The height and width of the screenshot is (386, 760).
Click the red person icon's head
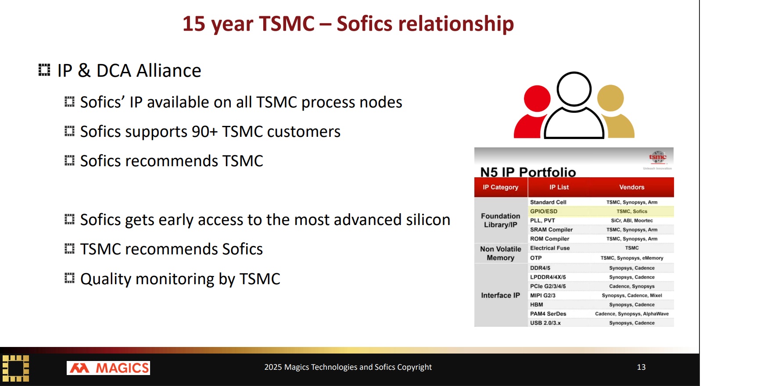(x=537, y=99)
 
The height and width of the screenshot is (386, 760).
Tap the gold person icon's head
(x=610, y=98)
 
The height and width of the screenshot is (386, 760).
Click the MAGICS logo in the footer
(x=108, y=368)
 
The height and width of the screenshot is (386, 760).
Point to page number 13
(x=641, y=367)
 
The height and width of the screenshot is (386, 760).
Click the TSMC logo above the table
(x=658, y=157)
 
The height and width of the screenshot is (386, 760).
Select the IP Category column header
(x=501, y=187)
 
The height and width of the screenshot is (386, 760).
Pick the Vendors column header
(x=632, y=187)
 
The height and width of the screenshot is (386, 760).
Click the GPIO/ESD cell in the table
(x=544, y=211)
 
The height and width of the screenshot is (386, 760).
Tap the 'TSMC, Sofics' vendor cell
(x=632, y=211)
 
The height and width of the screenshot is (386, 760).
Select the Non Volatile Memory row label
(x=501, y=254)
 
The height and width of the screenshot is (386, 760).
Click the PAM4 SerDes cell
(x=548, y=314)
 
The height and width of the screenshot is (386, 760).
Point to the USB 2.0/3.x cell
(x=545, y=323)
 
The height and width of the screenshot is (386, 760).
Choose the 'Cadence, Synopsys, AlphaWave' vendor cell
(x=632, y=314)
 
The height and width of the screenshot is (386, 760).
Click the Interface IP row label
(x=501, y=296)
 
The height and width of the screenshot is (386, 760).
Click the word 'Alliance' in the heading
(x=169, y=71)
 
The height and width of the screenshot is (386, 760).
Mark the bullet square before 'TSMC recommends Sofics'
(x=69, y=249)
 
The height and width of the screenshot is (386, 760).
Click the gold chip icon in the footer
(x=16, y=368)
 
